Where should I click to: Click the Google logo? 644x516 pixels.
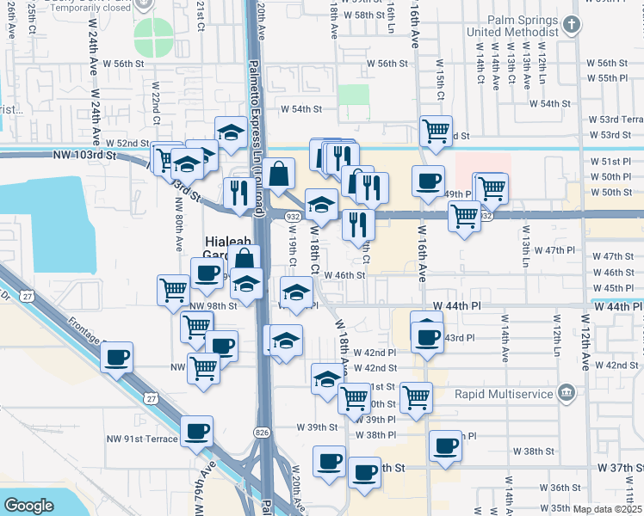(28, 505)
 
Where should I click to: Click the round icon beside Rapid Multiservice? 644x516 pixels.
(566, 392)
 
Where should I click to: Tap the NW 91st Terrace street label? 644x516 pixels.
(142, 439)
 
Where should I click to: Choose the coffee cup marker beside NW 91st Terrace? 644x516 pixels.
(197, 433)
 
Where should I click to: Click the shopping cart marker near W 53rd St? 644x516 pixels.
(437, 132)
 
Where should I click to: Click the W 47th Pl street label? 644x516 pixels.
(554, 249)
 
